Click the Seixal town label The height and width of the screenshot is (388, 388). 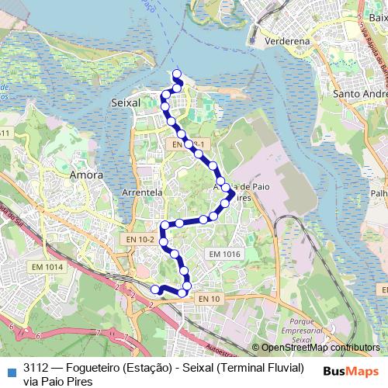126,102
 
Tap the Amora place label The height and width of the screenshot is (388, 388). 87,175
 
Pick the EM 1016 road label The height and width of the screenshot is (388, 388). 226,254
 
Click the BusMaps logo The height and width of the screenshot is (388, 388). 351,371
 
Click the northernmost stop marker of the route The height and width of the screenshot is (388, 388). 177,74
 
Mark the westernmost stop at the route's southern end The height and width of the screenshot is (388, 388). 155,289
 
